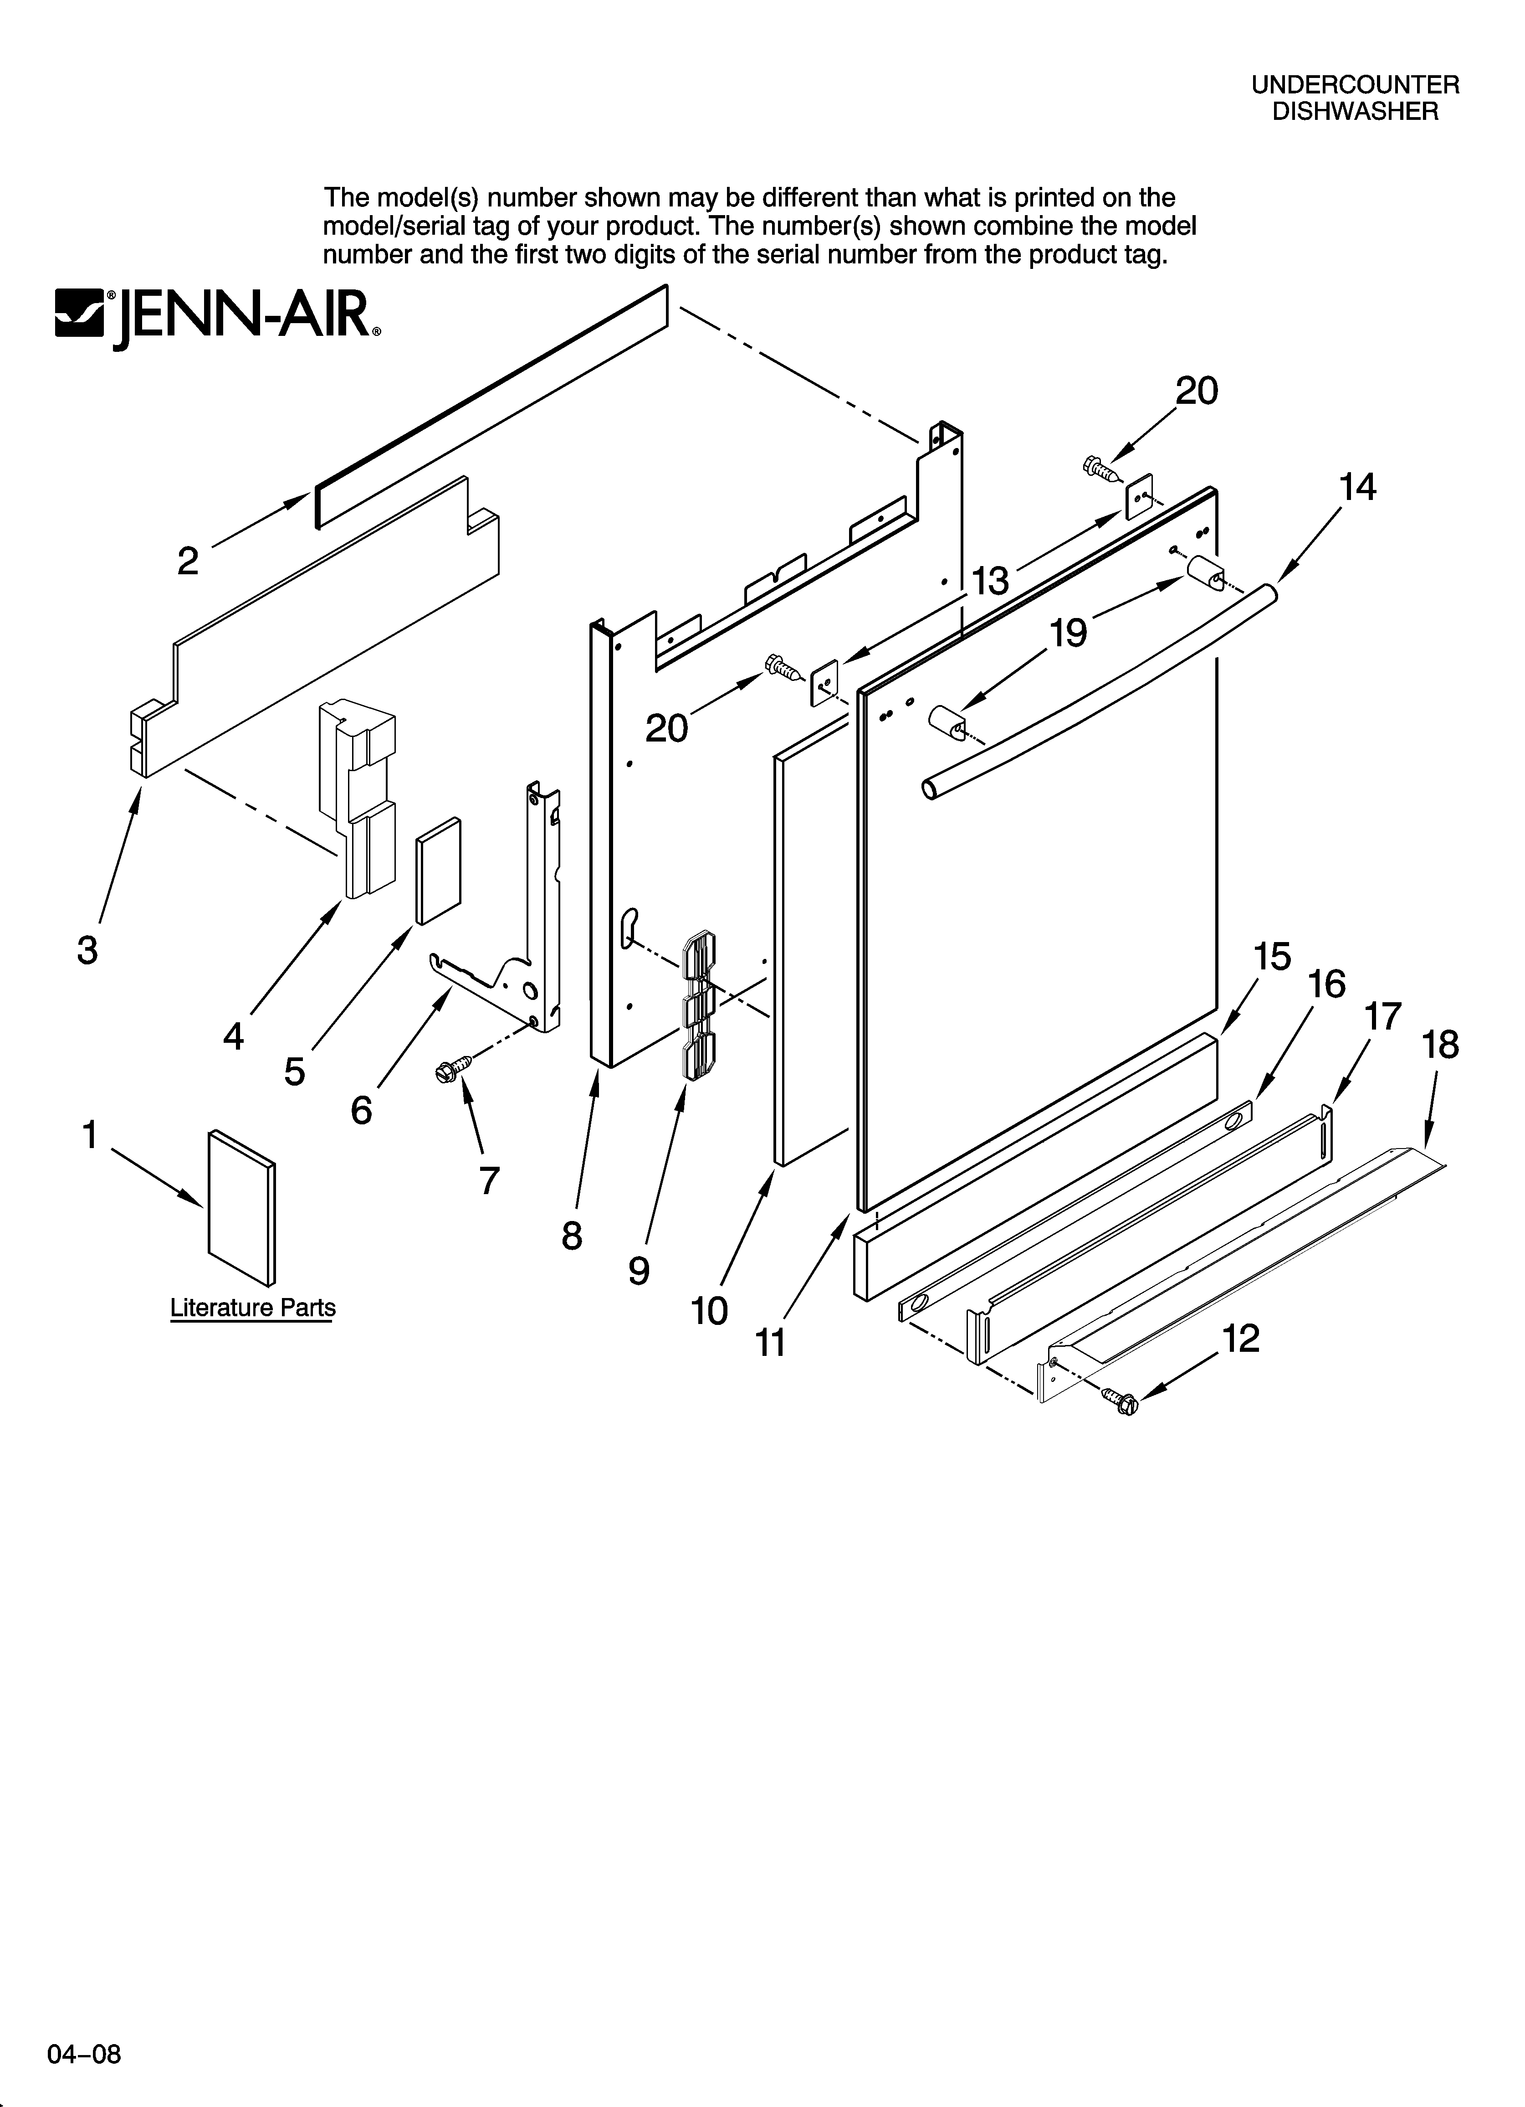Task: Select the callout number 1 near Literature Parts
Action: click(90, 1135)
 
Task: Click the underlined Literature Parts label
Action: click(253, 1308)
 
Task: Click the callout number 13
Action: click(990, 582)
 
